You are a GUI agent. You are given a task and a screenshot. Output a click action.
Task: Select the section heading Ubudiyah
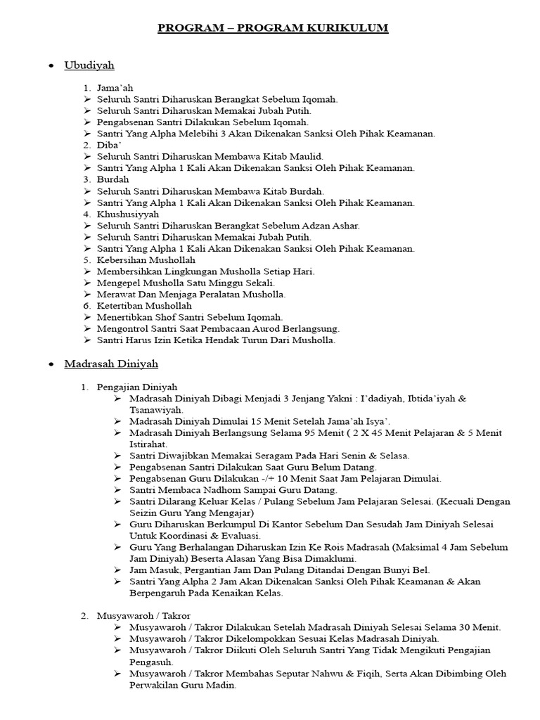point(89,65)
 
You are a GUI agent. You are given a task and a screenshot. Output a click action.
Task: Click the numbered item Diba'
point(108,145)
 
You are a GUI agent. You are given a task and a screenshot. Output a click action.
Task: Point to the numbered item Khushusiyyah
point(128,214)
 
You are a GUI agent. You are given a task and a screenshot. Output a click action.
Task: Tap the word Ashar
point(343,225)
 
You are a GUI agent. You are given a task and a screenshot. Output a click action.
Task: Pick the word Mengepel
point(119,283)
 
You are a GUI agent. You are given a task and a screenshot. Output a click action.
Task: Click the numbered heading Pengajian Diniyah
point(137,387)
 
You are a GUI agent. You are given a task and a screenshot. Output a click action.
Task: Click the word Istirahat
point(148,444)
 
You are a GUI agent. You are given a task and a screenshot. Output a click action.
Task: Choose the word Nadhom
point(217,489)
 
